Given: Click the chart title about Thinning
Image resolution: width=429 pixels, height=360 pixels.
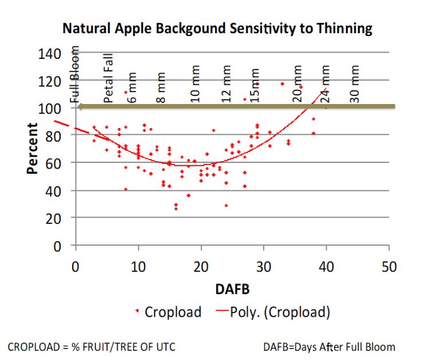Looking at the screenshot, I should click(217, 28).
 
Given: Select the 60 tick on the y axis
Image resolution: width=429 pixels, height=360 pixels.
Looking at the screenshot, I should click(59, 163).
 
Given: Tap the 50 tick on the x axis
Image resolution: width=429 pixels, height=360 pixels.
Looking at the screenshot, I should click(388, 266).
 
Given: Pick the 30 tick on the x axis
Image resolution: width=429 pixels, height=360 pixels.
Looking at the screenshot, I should click(263, 266).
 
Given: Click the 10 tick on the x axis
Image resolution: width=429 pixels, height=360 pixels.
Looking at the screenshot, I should click(137, 266).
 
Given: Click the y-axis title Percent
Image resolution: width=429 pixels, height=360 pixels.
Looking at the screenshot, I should click(33, 149).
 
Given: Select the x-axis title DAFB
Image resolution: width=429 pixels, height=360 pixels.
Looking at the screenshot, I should click(232, 290).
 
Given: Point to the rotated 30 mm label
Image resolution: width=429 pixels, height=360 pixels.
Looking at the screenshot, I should click(355, 84).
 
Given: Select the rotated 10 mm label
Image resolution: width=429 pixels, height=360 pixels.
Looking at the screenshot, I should click(196, 87).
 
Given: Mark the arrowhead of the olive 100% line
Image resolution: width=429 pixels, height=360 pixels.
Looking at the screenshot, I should click(82, 106).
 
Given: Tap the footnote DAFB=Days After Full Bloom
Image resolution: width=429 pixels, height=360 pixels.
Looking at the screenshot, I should click(329, 346).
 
